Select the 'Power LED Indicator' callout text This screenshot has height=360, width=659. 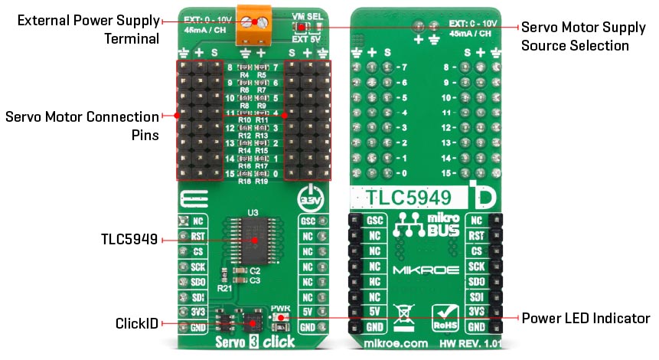pos(585,318)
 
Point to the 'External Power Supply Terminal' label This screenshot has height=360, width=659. pos(88,28)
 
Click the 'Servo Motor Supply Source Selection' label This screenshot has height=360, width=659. pos(575,36)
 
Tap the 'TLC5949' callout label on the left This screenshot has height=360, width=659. pos(128,240)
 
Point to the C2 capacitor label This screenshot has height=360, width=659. pos(255,271)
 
